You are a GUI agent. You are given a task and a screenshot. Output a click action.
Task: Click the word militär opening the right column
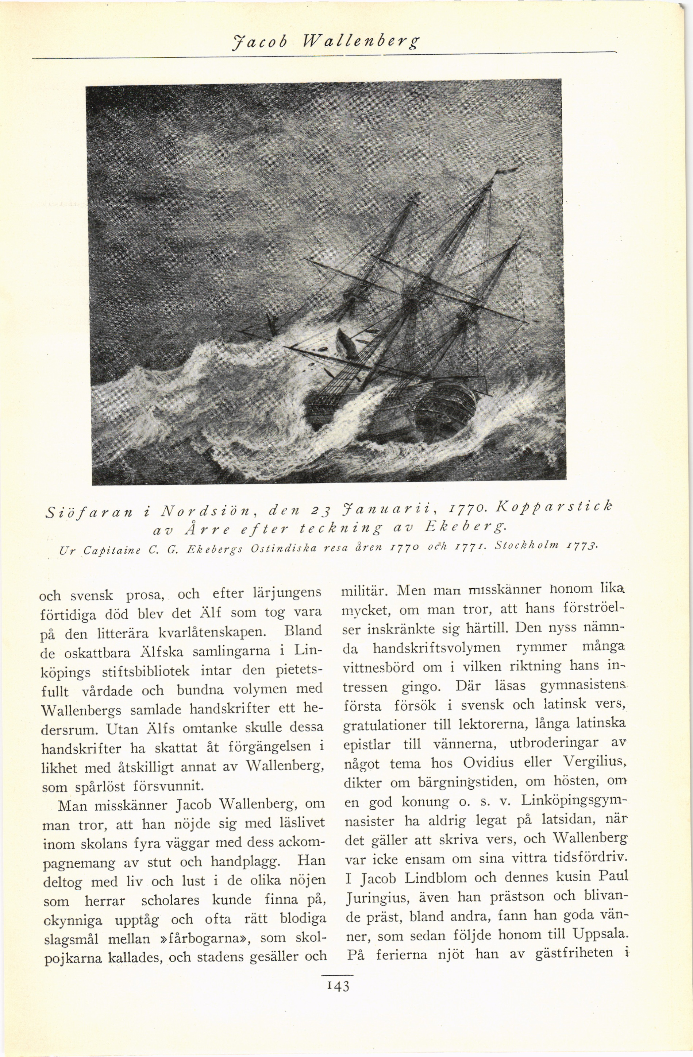pyautogui.click(x=364, y=592)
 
